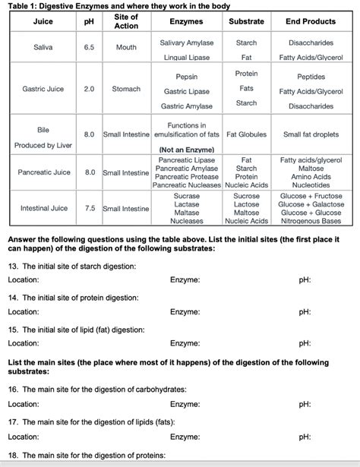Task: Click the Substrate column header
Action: pyautogui.click(x=247, y=21)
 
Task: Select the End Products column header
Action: pyautogui.click(x=310, y=21)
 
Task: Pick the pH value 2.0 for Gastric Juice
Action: pyautogui.click(x=89, y=89)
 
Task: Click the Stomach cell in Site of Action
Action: pyautogui.click(x=126, y=89)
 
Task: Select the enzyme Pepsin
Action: pyautogui.click(x=187, y=77)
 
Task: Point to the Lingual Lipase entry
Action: pyautogui.click(x=187, y=57)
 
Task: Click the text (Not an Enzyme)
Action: pyautogui.click(x=187, y=150)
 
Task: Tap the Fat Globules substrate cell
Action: pyautogui.click(x=247, y=135)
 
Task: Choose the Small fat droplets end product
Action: pyautogui.click(x=311, y=135)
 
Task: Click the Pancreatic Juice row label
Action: pyautogui.click(x=44, y=172)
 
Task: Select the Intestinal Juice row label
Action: pyautogui.click(x=44, y=208)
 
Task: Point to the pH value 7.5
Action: pyautogui.click(x=89, y=208)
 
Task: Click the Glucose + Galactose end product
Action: pyautogui.click(x=311, y=204)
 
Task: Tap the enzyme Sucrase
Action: pyautogui.click(x=187, y=196)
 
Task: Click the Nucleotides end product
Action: pyautogui.click(x=311, y=185)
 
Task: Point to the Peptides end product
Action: pyautogui.click(x=311, y=77)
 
